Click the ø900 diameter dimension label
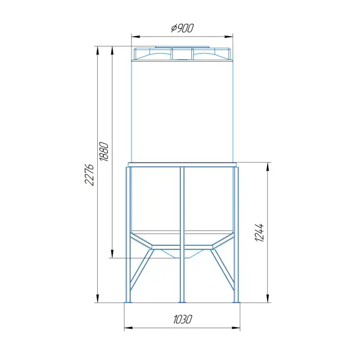point(183,28)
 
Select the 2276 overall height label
point(89,175)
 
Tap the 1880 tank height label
point(104,152)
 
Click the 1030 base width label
point(182,319)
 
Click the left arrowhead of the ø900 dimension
point(136,37)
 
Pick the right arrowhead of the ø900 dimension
point(229,37)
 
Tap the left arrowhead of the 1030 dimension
point(128,328)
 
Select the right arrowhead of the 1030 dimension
point(236,328)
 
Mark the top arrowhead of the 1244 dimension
point(268,167)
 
